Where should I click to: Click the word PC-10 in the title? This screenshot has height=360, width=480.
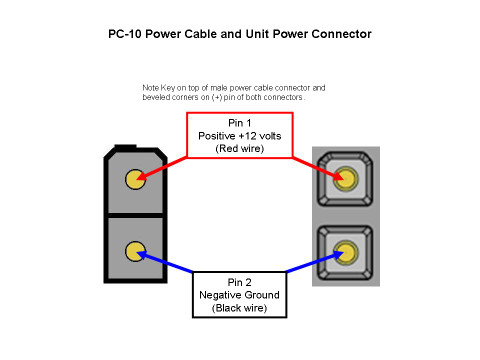pos(125,34)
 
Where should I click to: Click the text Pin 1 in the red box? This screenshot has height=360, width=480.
pos(240,123)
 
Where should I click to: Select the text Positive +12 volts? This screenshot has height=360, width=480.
pos(240,136)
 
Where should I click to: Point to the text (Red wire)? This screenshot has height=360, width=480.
pos(240,148)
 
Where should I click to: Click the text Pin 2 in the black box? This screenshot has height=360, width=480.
pos(239,282)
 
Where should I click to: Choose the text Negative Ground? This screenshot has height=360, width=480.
pos(239,295)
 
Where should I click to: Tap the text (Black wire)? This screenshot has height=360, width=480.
pos(239,308)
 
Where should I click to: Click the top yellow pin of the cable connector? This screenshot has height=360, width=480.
pos(135,179)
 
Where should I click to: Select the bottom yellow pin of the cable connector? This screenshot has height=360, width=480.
pos(135,251)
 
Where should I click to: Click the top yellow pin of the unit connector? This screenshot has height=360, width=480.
pos(346,179)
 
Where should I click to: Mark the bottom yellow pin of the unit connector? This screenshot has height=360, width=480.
pos(346,252)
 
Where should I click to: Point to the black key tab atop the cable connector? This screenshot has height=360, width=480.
pos(125,146)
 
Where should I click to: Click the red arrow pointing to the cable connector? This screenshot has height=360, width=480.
pos(162,168)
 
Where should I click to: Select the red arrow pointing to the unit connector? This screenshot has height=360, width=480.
pos(318,169)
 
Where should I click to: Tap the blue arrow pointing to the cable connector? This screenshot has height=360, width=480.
pos(165,262)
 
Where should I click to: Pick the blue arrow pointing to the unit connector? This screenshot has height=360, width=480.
pos(315,262)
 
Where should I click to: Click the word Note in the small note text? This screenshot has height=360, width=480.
pos(151,88)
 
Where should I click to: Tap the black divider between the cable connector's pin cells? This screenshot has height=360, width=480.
pos(135,216)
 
